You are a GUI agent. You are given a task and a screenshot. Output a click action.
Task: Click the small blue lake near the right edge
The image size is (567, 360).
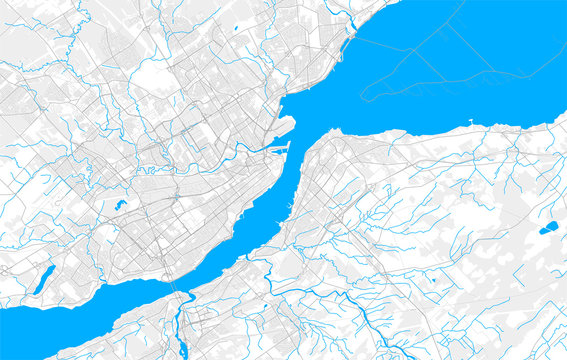(547, 228)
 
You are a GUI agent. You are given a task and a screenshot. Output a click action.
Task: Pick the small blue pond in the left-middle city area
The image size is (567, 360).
(120, 205)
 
